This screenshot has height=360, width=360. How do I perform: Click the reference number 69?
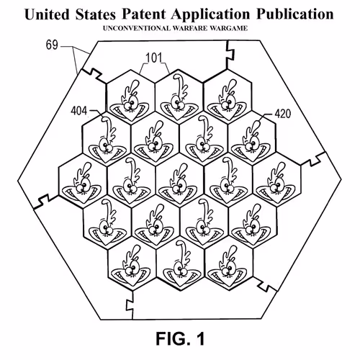tap(52, 45)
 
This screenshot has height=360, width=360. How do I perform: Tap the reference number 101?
tap(154, 58)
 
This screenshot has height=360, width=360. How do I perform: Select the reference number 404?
tap(79, 111)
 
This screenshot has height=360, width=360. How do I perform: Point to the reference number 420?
tap(283, 114)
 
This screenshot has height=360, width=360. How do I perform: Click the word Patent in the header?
tap(144, 14)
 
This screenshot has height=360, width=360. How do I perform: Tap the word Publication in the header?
tap(295, 14)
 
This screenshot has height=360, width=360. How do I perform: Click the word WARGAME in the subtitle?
tap(229, 28)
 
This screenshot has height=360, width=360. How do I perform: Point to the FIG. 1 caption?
tap(181, 338)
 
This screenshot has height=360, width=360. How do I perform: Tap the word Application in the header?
tap(210, 15)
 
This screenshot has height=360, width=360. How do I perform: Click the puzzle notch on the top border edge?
tap(230, 53)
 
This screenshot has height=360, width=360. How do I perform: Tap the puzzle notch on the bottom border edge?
tap(130, 306)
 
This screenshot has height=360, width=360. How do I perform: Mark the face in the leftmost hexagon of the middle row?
tap(81, 183)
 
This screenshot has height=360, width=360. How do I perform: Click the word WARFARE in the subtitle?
tap(190, 28)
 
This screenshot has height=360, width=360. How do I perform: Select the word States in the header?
tap(95, 14)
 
